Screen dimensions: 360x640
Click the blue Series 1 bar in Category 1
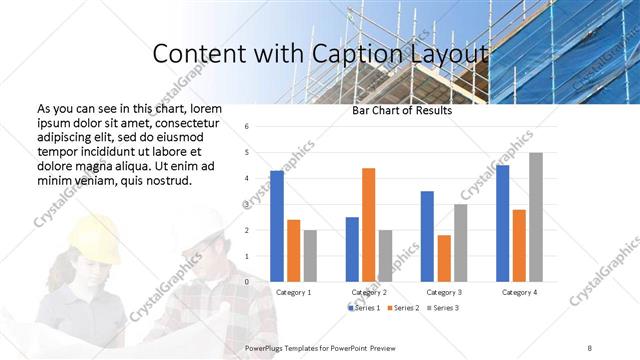277,226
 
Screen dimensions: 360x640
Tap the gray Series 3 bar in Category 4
536,217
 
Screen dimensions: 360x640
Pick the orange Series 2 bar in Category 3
444,258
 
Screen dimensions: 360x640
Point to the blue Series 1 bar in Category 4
502,223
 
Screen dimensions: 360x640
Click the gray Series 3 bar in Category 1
310,255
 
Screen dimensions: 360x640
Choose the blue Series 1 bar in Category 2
352,249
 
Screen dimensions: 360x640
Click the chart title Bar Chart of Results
402,111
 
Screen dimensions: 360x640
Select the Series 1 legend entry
363,307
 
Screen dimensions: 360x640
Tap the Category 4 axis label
518,292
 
